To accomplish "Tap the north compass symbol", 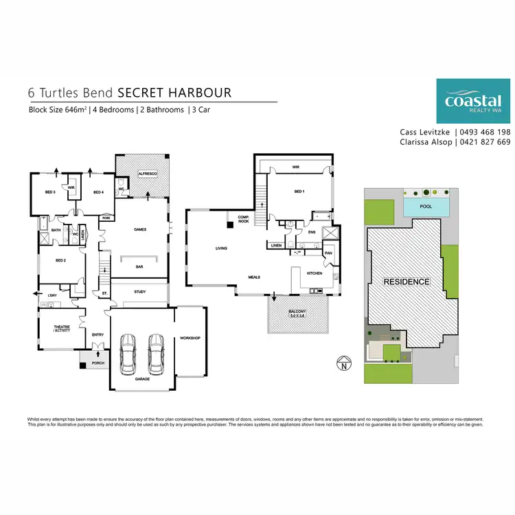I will click(341, 364).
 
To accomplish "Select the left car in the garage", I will click(128, 353).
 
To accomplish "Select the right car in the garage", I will click(156, 353).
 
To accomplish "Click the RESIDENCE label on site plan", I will click(407, 282).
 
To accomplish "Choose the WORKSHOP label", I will click(190, 339).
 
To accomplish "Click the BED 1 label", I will click(298, 191).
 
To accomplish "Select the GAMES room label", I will click(140, 229).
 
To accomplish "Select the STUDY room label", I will click(140, 292).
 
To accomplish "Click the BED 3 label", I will click(50, 192).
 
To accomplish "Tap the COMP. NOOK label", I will click(242, 219).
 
